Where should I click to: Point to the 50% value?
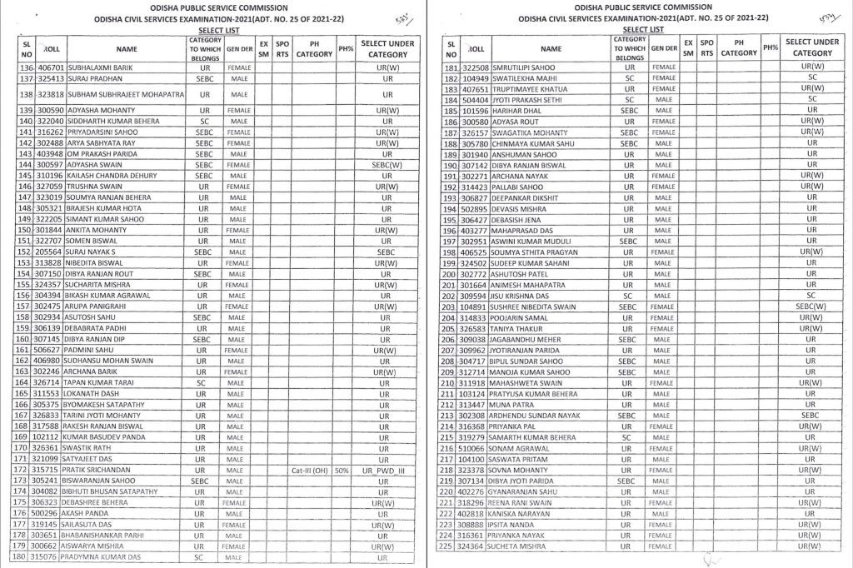342,470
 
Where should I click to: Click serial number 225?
451,546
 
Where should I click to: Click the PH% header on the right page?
771,47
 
